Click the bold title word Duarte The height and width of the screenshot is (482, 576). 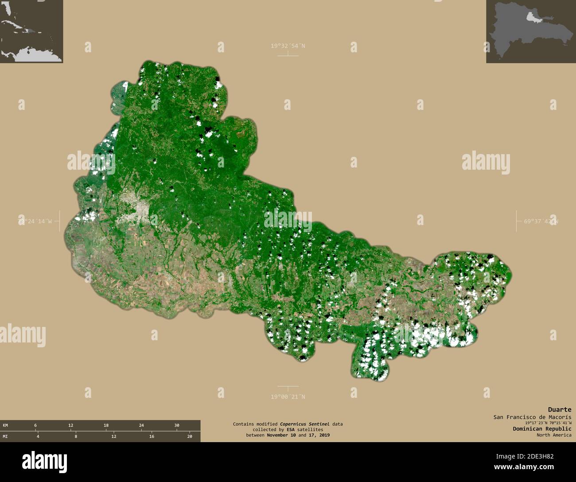coord(559,409)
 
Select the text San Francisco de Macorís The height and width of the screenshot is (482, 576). coord(532,417)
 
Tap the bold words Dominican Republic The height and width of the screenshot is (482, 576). coord(542,428)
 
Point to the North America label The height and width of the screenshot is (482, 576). coord(553,435)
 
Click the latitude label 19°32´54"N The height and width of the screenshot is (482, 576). coord(288,46)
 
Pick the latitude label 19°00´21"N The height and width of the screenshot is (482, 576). coord(288,397)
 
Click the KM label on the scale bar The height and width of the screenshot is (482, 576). coord(5,425)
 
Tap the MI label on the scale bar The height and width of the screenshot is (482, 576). coord(5,436)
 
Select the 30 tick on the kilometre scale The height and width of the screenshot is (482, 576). coord(176,425)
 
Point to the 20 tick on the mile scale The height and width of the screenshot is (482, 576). coord(190,436)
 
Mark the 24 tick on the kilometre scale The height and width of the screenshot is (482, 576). coord(141,425)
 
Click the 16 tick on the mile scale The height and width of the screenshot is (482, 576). coord(152,436)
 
